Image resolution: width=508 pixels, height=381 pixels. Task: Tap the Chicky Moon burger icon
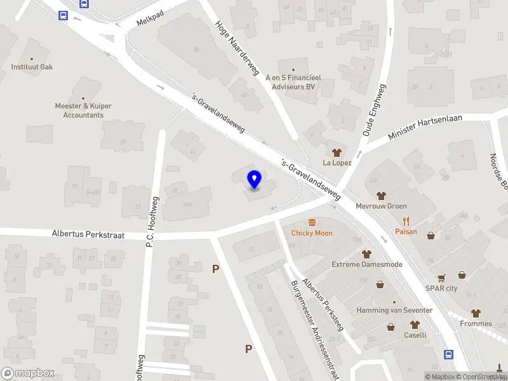[x=312, y=222]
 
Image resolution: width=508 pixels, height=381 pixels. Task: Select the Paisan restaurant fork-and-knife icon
[x=406, y=221]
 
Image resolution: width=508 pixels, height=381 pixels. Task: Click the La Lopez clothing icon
[x=337, y=152]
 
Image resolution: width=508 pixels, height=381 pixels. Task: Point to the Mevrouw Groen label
[x=381, y=206]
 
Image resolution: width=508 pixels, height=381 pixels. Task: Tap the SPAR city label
[x=441, y=288]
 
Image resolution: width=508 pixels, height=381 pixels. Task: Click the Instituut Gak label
[x=31, y=67]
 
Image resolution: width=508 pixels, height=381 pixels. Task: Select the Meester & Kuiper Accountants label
[x=83, y=110]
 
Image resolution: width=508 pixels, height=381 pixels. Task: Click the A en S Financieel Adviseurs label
[x=293, y=82]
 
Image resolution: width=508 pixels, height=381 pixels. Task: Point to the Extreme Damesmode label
[x=366, y=264]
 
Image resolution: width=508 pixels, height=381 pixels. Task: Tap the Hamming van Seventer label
[x=394, y=311]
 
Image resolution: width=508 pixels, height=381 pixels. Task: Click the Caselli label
[x=415, y=335]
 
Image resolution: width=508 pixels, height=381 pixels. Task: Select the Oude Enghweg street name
[x=374, y=110]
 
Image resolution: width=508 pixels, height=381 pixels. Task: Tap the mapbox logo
[x=28, y=373]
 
